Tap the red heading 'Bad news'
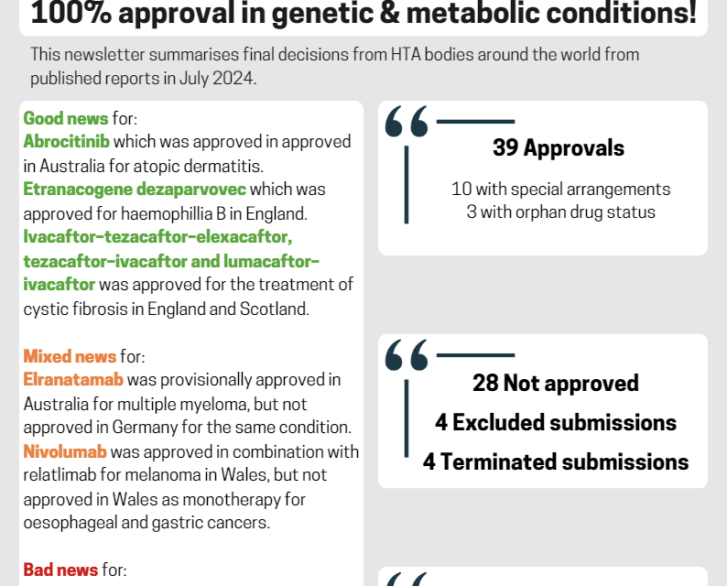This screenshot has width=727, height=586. [x=60, y=570]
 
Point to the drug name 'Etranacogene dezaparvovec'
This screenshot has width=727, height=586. [x=135, y=190]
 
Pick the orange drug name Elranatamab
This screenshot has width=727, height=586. [x=73, y=380]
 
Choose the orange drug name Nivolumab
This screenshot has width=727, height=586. [x=65, y=451]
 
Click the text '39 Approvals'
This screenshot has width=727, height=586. [x=558, y=147]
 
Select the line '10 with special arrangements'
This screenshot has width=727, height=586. [x=560, y=190]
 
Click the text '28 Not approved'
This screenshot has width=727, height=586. [x=556, y=383]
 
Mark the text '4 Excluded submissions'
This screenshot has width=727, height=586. [x=556, y=422]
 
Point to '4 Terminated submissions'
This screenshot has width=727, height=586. [x=556, y=461]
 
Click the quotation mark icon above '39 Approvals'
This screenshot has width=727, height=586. [x=407, y=122]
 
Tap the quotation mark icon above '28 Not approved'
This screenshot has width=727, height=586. [x=407, y=355]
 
